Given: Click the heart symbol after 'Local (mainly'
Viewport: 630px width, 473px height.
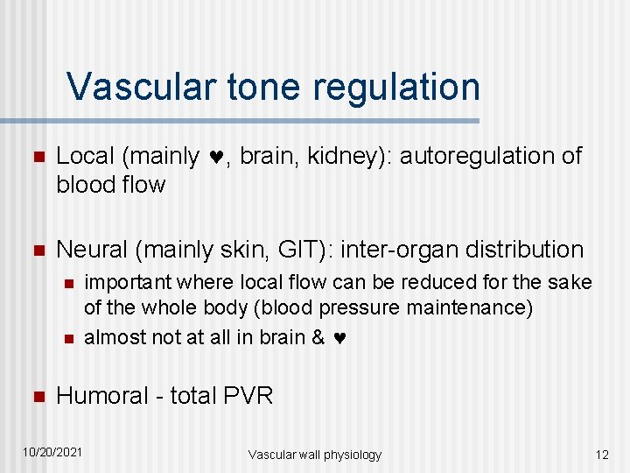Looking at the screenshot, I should pos(216,158).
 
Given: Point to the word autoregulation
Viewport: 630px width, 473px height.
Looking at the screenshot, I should pos(471,156).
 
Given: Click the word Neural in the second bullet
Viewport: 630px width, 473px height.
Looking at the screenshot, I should pos(91,250).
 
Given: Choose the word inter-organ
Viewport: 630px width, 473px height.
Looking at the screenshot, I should pos(398,250).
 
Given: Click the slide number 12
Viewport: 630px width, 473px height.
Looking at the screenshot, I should pos(601,454).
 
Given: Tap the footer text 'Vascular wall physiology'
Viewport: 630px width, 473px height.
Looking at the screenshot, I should pos(314,454).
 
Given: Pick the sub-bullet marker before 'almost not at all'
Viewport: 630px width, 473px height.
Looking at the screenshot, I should pos(66,339).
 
